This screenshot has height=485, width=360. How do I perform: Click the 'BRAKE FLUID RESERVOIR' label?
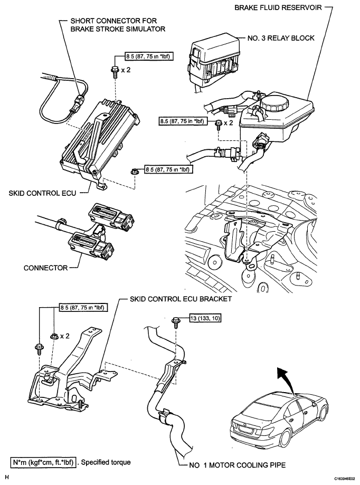pos(274,9)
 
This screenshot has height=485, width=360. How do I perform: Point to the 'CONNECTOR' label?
pos(45,268)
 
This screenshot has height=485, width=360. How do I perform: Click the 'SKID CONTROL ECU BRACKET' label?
pos(181,298)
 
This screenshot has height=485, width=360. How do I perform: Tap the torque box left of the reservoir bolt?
pos(186,122)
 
